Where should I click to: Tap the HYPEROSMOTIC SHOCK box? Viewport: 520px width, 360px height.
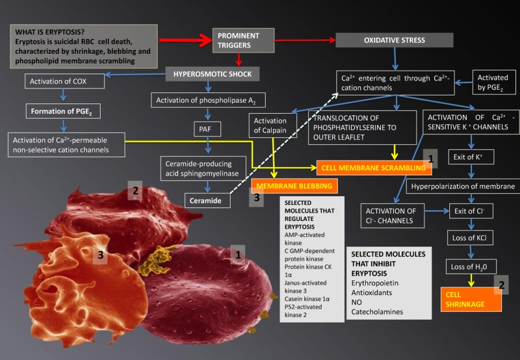(x=213, y=73)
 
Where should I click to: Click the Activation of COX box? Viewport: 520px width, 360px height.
(x=57, y=81)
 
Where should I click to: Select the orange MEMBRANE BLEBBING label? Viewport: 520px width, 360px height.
(x=294, y=186)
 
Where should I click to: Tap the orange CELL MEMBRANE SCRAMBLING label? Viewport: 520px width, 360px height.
(x=374, y=168)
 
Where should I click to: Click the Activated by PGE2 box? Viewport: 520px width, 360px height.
(x=492, y=83)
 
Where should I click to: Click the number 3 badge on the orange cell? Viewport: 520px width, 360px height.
(x=101, y=255)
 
